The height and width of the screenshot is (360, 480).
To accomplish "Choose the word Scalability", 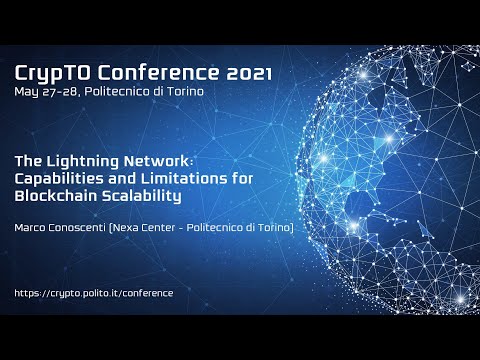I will click(x=145, y=196).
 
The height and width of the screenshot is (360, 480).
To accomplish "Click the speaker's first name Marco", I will click(x=34, y=229).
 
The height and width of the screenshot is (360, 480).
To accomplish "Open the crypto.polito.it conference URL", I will click(x=95, y=293).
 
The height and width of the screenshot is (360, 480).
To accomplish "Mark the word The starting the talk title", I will click(x=28, y=161).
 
